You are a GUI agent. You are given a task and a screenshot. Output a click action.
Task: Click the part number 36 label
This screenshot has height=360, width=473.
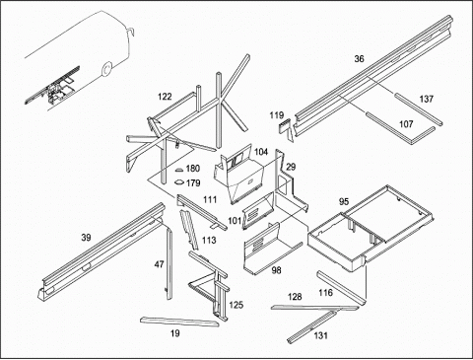(359, 59)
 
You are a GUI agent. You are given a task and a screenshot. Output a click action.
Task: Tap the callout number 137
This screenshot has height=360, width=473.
(427, 99)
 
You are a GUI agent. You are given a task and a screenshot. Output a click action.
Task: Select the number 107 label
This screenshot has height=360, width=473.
(406, 124)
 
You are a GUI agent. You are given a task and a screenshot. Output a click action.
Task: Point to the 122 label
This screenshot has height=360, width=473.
(165, 97)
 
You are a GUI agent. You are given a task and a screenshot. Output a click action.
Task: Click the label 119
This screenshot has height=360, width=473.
(277, 115)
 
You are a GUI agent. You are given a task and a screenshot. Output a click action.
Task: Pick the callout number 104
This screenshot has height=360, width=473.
(261, 152)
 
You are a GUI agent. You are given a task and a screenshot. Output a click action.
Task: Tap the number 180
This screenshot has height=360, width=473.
(193, 169)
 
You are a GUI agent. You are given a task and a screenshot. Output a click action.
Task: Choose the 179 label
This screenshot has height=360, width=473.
(193, 182)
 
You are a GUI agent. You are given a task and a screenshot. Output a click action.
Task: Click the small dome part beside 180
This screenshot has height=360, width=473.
(179, 170)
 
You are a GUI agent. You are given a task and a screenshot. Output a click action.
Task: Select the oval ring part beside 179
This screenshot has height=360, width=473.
(179, 181)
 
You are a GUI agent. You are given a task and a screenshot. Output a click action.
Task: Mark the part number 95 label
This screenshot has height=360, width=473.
(344, 201)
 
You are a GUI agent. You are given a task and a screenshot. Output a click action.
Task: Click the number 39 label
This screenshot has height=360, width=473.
(86, 238)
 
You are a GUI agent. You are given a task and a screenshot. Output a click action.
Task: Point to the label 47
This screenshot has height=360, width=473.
(159, 264)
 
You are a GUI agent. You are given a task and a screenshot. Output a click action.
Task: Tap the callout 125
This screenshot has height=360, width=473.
(236, 305)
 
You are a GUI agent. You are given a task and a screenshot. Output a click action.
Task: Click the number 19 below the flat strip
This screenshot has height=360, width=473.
(175, 333)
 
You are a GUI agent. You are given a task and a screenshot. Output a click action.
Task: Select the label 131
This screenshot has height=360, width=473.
(320, 335)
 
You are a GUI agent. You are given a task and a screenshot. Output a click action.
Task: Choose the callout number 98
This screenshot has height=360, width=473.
(277, 270)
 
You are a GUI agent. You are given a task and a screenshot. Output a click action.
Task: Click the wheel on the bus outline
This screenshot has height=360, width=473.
(106, 70)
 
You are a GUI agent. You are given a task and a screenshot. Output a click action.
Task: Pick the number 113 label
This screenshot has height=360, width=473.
(209, 241)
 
